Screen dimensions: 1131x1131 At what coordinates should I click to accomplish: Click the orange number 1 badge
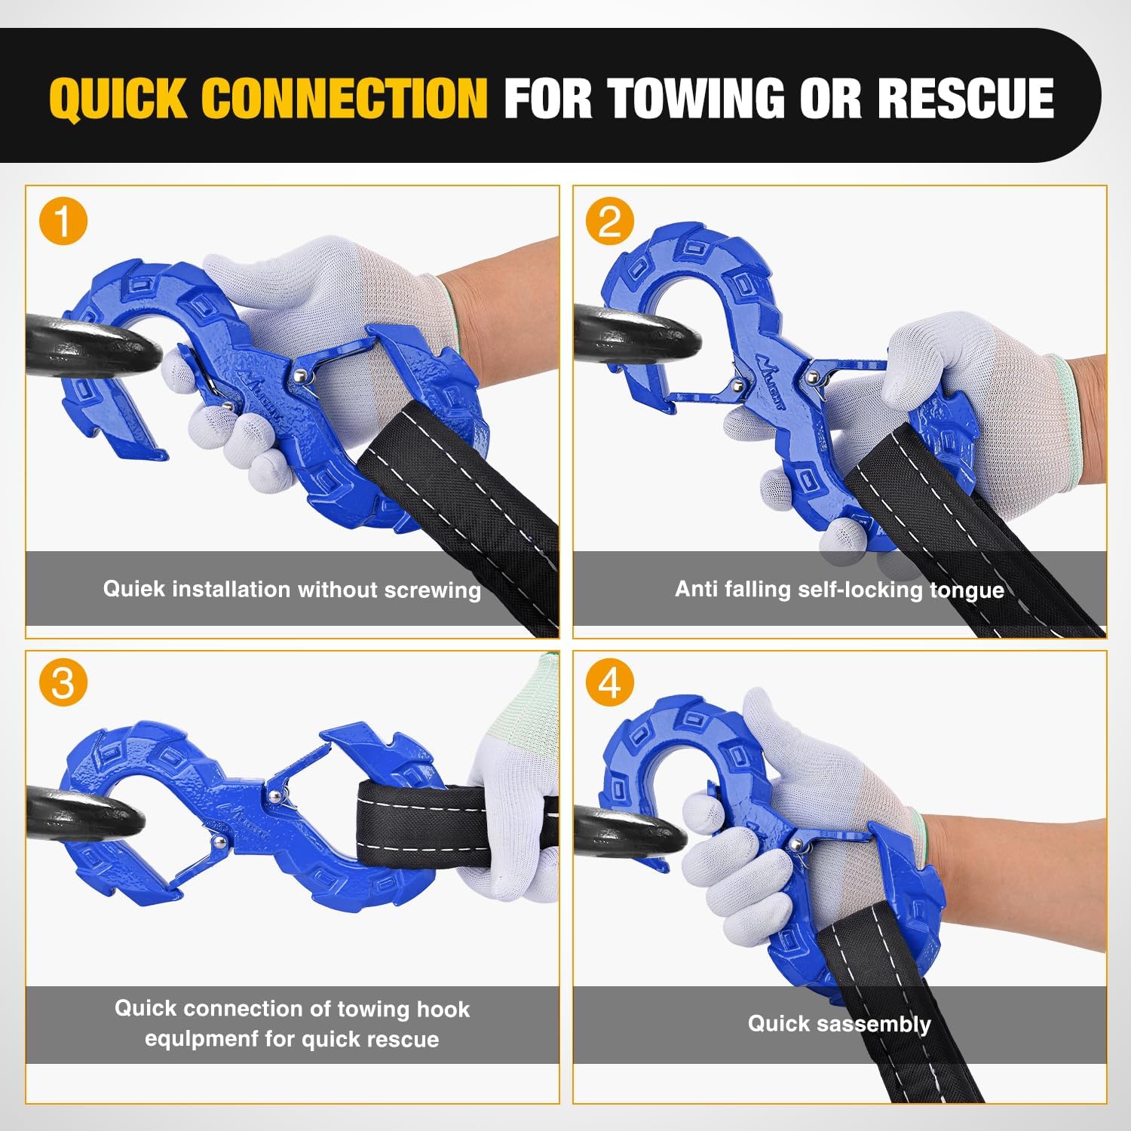click(x=63, y=221)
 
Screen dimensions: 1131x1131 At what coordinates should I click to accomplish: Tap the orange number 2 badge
click(x=610, y=221)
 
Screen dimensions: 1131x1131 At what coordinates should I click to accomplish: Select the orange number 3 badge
click(x=63, y=682)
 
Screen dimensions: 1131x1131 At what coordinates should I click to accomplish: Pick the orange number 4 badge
click(x=610, y=682)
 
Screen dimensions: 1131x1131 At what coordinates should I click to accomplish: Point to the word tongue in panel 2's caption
click(x=967, y=590)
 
